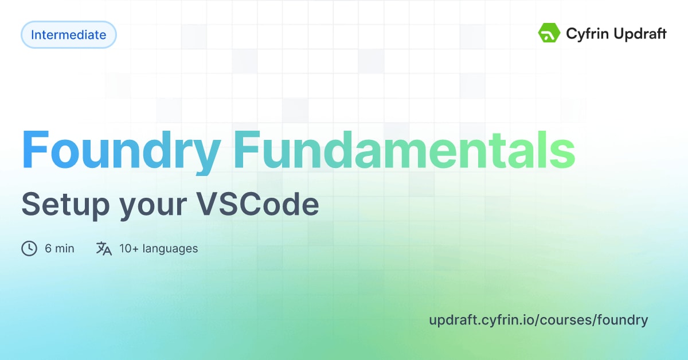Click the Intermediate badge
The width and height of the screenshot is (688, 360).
click(x=69, y=35)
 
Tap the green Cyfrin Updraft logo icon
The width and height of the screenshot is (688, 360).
click(x=549, y=33)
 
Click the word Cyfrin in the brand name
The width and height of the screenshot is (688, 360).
click(x=585, y=34)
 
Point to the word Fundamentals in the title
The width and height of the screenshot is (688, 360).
click(x=404, y=150)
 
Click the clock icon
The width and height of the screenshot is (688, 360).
click(x=29, y=248)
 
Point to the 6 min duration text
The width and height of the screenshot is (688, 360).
click(x=60, y=249)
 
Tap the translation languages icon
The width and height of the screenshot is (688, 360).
click(x=104, y=248)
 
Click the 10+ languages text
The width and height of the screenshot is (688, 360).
click(x=158, y=249)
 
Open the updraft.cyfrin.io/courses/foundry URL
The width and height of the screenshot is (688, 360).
click(x=538, y=320)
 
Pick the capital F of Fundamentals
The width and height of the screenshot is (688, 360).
click(x=247, y=150)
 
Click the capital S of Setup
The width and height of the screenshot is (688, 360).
click(x=31, y=205)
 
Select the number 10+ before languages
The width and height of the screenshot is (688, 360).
click(x=130, y=249)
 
